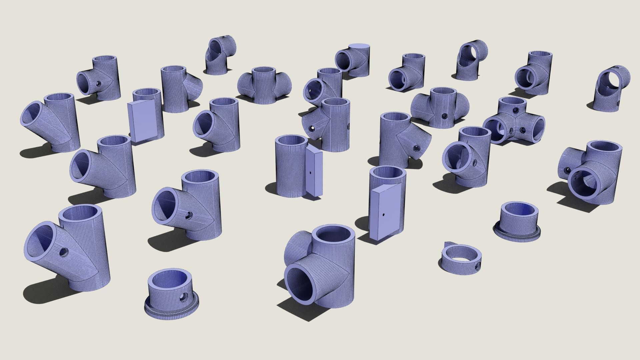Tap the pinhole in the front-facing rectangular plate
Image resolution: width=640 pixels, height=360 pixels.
tap(384, 214)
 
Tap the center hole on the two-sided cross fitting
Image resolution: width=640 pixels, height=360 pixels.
tap(444, 116)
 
